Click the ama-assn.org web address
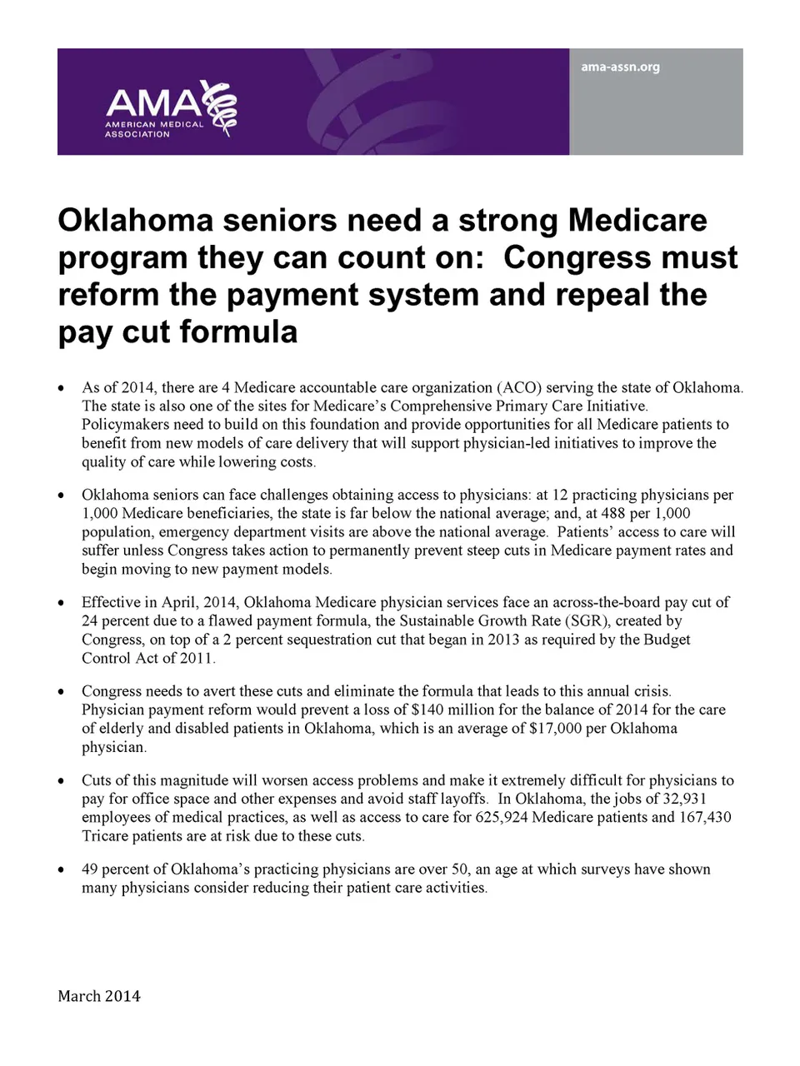tap(620, 67)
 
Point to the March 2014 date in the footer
tap(99, 996)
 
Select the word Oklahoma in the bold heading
tap(130, 221)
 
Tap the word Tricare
tap(107, 835)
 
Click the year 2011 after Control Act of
tap(197, 658)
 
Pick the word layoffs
tap(463, 799)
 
